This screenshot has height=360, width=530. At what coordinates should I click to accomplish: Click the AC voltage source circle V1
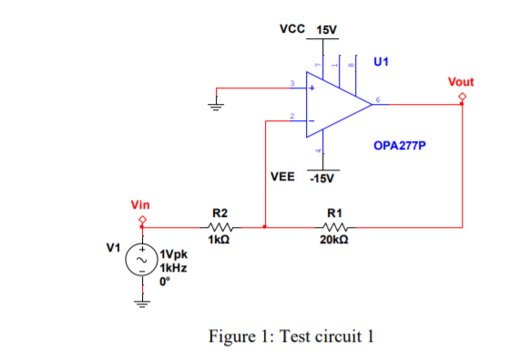click(142, 260)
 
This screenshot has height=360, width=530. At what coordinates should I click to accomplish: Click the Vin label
click(141, 206)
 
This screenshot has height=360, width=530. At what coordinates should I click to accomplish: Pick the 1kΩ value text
click(219, 241)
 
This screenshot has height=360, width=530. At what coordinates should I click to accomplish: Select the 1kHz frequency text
click(175, 269)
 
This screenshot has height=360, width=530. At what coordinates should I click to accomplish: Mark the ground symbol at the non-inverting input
click(217, 103)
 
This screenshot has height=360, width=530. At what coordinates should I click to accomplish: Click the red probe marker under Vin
click(142, 220)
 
